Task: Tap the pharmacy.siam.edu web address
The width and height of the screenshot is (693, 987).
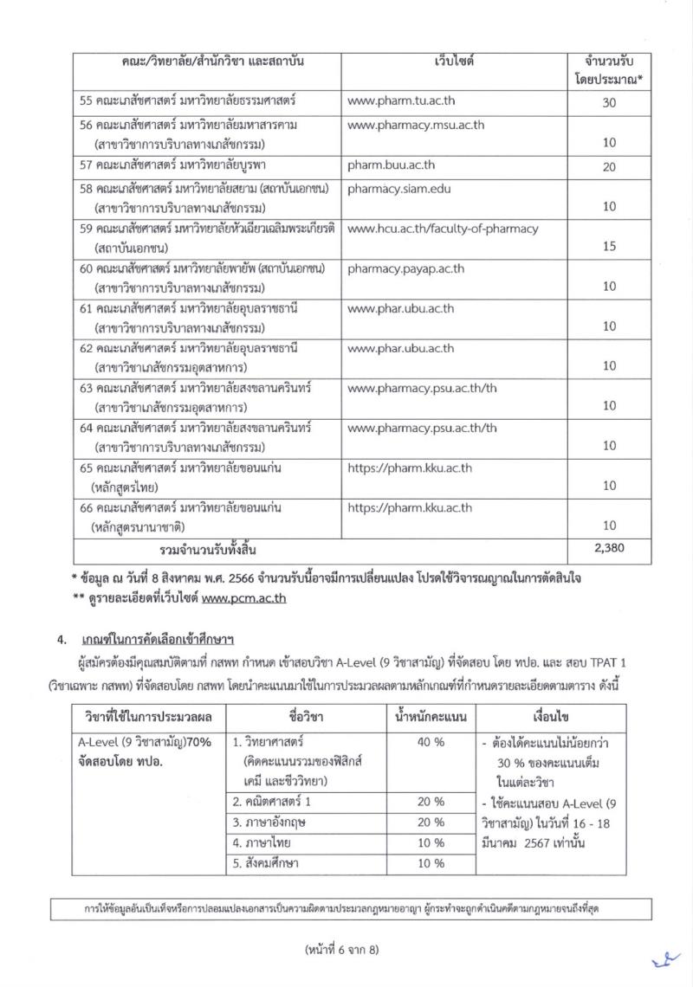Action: pyautogui.click(x=399, y=187)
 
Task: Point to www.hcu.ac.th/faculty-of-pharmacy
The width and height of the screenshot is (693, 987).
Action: pyautogui.click(x=443, y=229)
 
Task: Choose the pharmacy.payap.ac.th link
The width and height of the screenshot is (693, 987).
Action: pyautogui.click(x=406, y=268)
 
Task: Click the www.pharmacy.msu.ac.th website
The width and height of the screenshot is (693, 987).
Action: pyautogui.click(x=416, y=125)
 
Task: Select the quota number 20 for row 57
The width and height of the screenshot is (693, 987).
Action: pyautogui.click(x=609, y=165)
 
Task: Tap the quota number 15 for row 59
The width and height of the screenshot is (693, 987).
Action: pyautogui.click(x=609, y=247)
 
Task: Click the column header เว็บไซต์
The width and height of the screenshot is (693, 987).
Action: pyautogui.click(x=454, y=62)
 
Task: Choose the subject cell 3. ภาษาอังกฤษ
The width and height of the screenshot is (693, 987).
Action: pyautogui.click(x=276, y=822)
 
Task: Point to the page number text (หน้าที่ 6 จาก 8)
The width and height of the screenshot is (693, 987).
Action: pyautogui.click(x=346, y=948)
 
